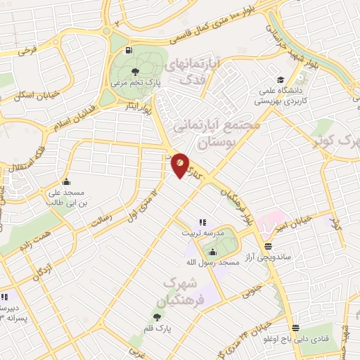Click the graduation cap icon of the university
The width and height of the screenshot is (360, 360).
tap(281, 79)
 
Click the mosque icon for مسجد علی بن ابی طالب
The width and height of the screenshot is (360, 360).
tap(65, 181)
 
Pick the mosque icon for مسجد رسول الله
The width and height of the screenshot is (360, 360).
tap(212, 252)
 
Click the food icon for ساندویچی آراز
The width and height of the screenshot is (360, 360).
tap(268, 247)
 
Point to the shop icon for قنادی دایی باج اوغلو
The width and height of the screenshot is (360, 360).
tap(295, 328)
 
